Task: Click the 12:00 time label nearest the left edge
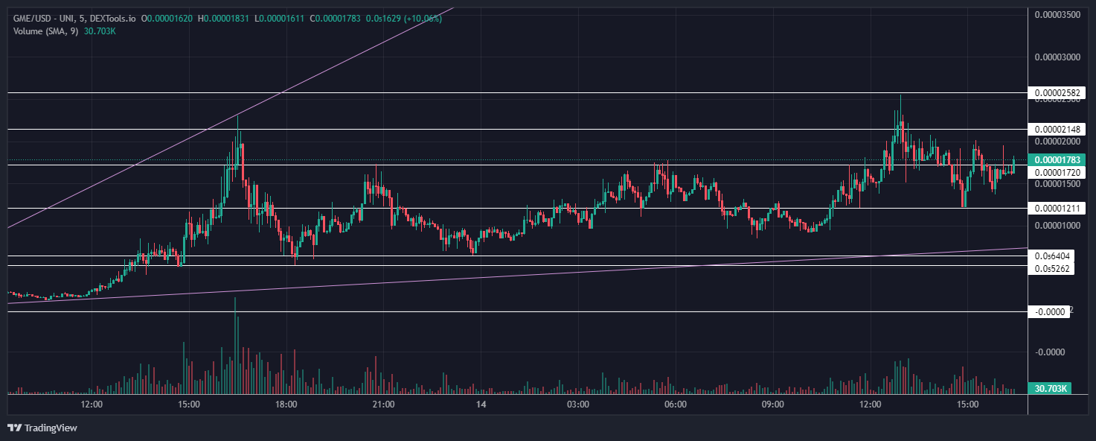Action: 92,404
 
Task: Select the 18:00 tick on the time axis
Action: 286,404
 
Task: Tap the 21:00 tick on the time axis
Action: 383,404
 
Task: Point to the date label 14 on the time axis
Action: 481,404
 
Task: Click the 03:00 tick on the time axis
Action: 578,404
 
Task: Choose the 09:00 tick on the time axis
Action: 773,404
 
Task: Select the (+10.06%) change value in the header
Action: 423,19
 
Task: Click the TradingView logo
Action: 42,428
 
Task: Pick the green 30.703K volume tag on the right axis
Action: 1050,388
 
